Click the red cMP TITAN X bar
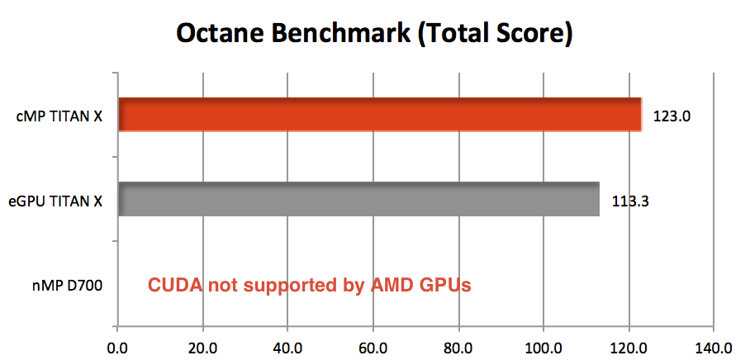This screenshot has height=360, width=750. (x=380, y=114)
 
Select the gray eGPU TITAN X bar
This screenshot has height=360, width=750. (x=358, y=199)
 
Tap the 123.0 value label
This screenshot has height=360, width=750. (x=671, y=116)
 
